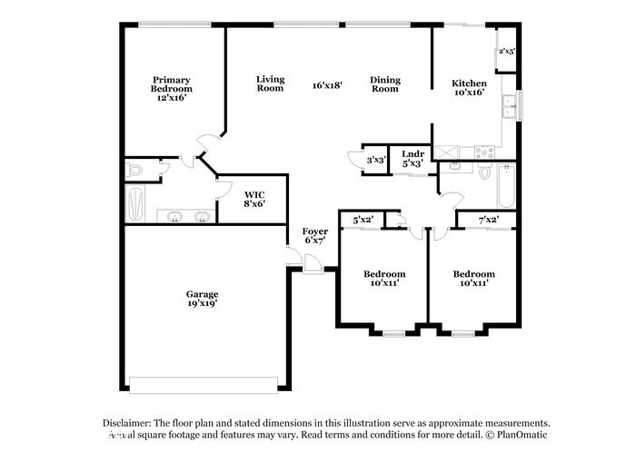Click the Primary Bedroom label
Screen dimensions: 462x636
point(172,88)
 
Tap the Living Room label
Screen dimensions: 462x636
point(270,83)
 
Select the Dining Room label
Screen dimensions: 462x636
point(385,83)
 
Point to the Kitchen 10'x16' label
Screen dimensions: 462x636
point(469,88)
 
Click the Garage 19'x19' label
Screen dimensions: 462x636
point(202,299)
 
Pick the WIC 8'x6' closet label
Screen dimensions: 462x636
point(253,198)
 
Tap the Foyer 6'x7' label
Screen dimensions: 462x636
point(315,236)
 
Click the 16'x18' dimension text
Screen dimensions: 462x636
point(327,85)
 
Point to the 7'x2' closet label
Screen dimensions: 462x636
point(487,219)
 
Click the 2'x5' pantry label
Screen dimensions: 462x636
point(506,52)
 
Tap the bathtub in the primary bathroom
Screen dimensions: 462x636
point(136,203)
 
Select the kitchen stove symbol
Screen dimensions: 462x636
point(483,152)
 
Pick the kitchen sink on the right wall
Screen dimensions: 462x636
point(512,108)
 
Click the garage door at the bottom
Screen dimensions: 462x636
point(202,385)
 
